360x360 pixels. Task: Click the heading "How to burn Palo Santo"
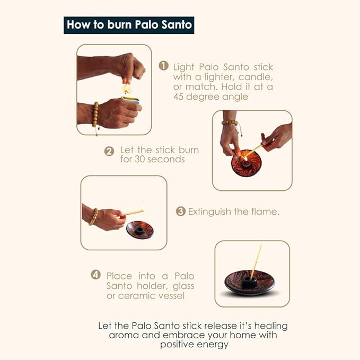tap(129, 25)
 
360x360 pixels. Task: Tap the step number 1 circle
tap(163, 66)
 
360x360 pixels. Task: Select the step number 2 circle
tap(109, 151)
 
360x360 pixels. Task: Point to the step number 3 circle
tap(180, 211)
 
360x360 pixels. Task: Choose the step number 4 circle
tap(95, 275)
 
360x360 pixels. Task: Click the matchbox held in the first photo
tap(131, 100)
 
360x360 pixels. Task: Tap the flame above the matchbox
tap(126, 89)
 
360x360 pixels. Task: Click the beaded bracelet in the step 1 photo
tap(95, 115)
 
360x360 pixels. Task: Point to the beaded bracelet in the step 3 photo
tap(93, 217)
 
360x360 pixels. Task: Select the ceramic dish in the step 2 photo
tap(246, 163)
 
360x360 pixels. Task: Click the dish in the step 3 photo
tap(139, 230)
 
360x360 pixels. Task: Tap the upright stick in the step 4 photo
tap(256, 262)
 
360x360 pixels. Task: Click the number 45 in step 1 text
tap(178, 96)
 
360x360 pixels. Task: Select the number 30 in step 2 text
tap(139, 159)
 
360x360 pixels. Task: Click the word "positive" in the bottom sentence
tap(177, 345)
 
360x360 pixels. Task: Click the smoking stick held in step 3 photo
tap(133, 213)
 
